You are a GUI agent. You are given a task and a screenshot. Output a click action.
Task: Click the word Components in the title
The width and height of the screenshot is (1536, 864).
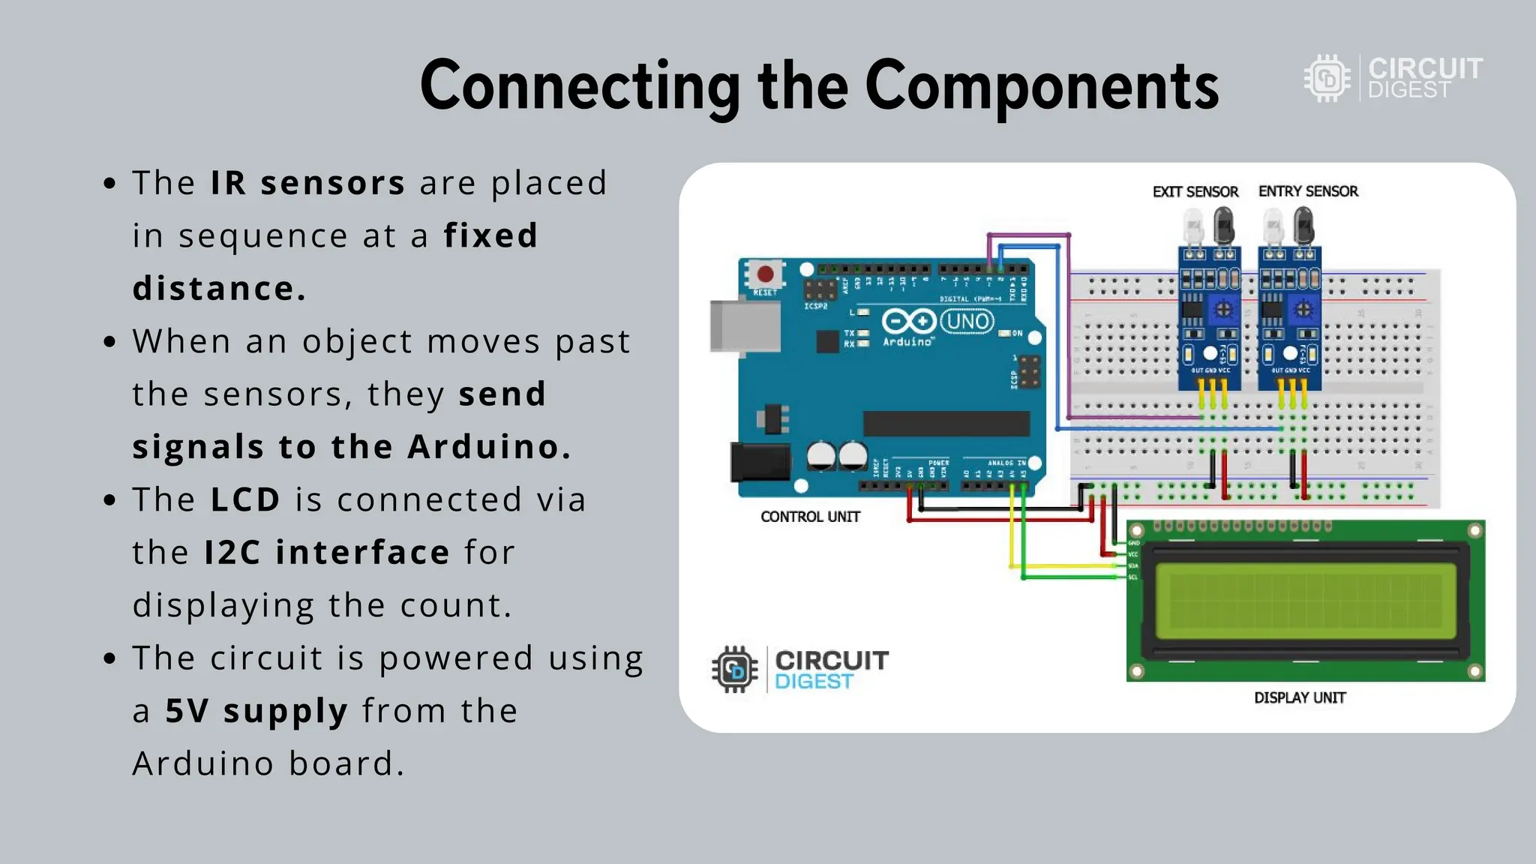tap(1042, 86)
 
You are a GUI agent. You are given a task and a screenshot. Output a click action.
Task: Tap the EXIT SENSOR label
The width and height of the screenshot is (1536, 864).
tap(1195, 192)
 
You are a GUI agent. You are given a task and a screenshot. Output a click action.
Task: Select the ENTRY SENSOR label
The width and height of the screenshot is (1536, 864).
tap(1308, 191)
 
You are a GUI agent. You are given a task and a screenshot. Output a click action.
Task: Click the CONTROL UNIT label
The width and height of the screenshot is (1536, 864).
tap(810, 517)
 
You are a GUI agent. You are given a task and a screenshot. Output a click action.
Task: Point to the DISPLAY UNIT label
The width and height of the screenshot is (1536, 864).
tap(1300, 697)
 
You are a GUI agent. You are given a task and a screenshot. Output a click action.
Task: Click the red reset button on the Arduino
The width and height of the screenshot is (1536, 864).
tap(765, 274)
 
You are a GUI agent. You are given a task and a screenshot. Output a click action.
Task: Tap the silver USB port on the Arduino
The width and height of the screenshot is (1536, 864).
tap(744, 326)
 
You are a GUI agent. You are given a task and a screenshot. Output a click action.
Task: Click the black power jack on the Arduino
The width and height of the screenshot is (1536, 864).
tap(760, 461)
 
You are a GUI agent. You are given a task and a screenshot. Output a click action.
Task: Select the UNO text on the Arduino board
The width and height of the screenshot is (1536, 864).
tap(967, 322)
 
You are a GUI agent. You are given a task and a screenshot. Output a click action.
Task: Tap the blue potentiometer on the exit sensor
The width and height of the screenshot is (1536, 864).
tap(1224, 309)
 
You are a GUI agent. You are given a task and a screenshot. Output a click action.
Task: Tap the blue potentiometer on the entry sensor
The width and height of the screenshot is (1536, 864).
tap(1303, 309)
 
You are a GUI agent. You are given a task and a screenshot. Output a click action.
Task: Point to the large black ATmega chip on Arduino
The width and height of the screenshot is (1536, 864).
tap(946, 424)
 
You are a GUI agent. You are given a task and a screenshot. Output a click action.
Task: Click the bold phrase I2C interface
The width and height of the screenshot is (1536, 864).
tap(327, 553)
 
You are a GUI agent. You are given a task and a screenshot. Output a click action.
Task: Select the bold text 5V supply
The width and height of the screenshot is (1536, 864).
tap(256, 711)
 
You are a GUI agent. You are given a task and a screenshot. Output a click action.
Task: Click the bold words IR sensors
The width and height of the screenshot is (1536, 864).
tap(307, 183)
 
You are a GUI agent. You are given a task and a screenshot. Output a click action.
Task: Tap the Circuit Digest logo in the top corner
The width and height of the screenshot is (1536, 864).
tap(1393, 78)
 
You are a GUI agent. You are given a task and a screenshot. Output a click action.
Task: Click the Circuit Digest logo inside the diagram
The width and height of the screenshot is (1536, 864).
tap(799, 669)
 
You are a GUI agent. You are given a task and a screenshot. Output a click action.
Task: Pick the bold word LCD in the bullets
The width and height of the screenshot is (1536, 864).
tap(245, 499)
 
